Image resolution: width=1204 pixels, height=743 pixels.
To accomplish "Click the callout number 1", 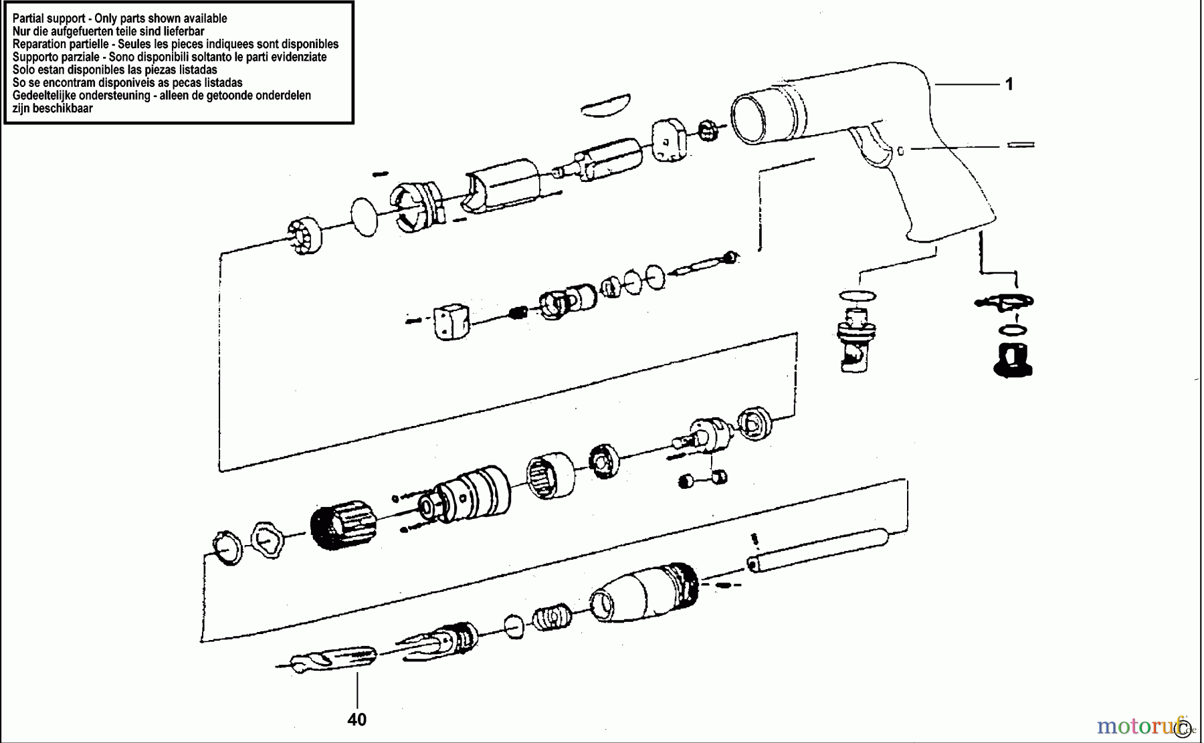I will tap(1009, 84).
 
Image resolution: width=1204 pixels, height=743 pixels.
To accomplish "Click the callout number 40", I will tap(357, 720).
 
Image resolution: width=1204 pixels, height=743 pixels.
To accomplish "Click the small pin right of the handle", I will tap(1021, 144).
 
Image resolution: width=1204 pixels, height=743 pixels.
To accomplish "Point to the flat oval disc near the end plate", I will tap(365, 217).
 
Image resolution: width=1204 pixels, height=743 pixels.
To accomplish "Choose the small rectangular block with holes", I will tap(451, 321).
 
